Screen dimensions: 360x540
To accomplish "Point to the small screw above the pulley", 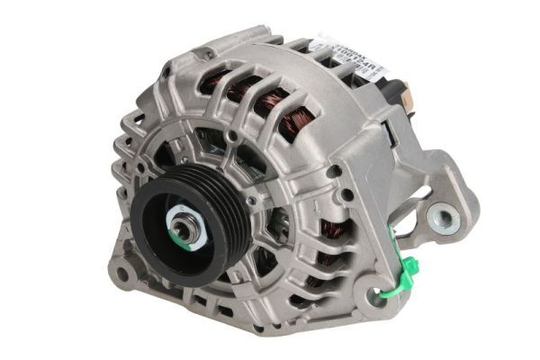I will [x=232, y=136].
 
